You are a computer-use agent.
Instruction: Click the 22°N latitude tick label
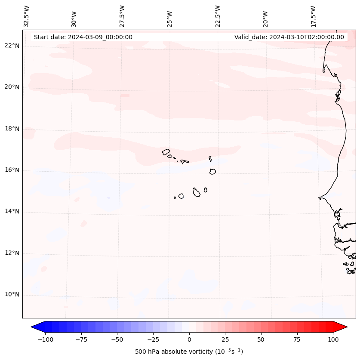[x=12, y=46]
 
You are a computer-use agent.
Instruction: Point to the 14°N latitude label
[x=12, y=212]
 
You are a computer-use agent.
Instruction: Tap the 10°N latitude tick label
[x=12, y=295]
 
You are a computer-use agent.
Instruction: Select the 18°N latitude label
[x=12, y=129]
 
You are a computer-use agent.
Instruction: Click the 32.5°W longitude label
[x=27, y=16]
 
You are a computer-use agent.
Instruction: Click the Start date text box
[x=83, y=37]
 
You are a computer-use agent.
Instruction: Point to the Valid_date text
[x=289, y=37]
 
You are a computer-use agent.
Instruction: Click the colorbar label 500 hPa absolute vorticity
[x=189, y=352]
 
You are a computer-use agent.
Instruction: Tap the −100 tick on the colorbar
[x=45, y=339]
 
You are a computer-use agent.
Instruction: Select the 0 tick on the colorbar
[x=189, y=339]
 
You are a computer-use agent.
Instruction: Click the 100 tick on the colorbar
[x=333, y=339]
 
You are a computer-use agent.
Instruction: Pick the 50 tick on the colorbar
[x=261, y=339]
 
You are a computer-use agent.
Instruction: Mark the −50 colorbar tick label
[x=117, y=339]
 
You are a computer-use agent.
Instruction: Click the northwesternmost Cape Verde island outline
[x=166, y=151]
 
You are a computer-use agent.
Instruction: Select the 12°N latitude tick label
[x=12, y=253]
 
